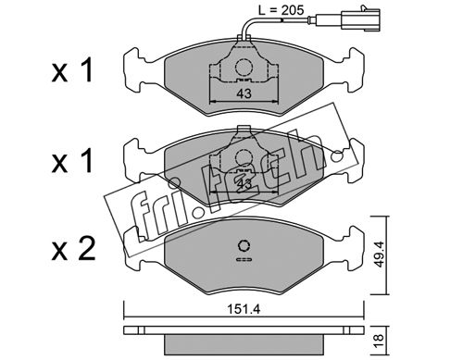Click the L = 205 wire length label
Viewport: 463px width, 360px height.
(281, 10)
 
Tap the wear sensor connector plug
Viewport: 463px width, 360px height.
(360, 19)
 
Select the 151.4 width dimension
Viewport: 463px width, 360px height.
(244, 309)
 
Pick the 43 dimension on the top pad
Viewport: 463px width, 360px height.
(244, 93)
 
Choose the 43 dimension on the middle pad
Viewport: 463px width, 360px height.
(244, 184)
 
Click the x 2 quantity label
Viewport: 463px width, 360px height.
(73, 250)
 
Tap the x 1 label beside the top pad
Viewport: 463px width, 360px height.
(72, 71)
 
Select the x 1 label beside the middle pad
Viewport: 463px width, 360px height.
(72, 161)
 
